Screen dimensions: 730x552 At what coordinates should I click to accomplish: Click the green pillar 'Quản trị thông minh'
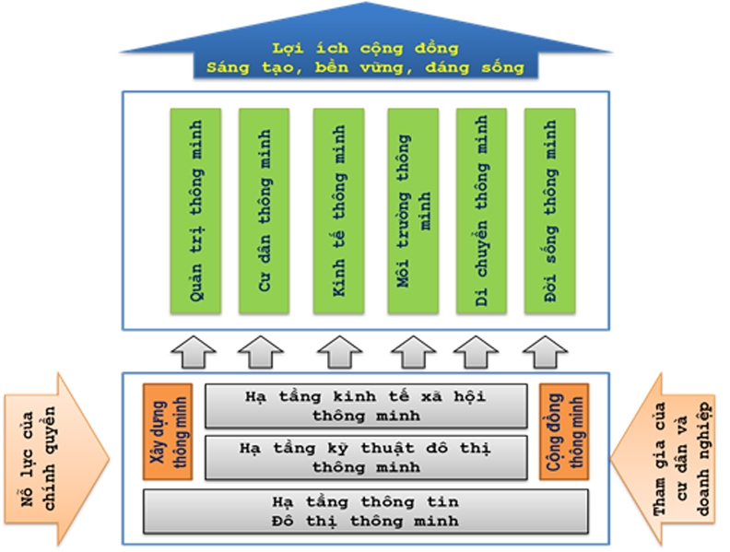pos(195,211)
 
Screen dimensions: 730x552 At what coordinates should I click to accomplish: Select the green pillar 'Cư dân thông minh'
pos(264,211)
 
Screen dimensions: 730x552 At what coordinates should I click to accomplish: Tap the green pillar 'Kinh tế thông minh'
pos(338,211)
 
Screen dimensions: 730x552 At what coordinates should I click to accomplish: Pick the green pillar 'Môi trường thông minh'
pos(413,211)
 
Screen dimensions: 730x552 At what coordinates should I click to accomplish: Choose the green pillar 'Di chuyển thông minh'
pos(481,211)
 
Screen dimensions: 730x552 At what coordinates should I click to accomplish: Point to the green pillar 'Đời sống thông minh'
pos(550,211)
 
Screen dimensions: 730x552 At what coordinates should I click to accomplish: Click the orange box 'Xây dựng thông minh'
pos(168,431)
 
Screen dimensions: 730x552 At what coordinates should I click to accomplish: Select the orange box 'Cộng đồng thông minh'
pos(564,431)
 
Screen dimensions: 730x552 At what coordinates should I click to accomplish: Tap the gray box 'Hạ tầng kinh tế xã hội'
pos(366,405)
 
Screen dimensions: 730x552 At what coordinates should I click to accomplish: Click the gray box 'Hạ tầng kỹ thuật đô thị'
pos(366,457)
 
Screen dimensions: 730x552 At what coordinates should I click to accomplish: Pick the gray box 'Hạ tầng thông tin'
pos(366,511)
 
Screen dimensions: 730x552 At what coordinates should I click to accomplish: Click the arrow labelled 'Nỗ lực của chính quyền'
pos(57,459)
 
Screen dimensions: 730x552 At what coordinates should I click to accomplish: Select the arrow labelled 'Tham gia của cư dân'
pos(663,459)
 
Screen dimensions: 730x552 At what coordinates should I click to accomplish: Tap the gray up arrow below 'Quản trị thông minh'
pos(194,352)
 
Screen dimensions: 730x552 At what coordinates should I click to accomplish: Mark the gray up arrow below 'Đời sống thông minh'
pos(545,352)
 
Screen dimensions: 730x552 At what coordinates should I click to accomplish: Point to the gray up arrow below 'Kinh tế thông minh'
pos(339,352)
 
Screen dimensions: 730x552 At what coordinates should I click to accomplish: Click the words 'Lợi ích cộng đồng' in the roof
pos(366,49)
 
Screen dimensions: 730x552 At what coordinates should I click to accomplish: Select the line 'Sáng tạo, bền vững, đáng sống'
pos(366,68)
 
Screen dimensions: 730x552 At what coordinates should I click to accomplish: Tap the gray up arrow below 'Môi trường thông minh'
pos(413,352)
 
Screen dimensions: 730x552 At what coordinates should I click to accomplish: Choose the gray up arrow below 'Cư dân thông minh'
pos(261,352)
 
